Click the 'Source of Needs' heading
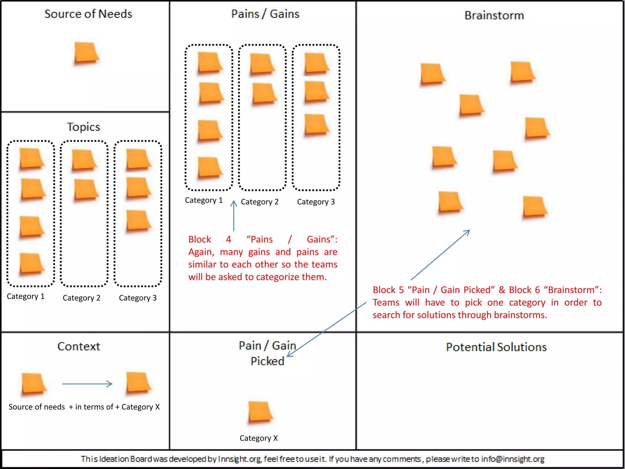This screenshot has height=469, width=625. pyautogui.click(x=88, y=14)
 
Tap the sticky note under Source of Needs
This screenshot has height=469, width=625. pyautogui.click(x=86, y=53)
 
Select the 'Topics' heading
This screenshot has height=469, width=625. pyautogui.click(x=83, y=127)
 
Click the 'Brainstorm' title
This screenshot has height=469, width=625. pyautogui.click(x=494, y=15)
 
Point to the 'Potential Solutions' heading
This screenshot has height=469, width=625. pyautogui.click(x=496, y=347)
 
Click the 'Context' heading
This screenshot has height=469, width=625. pyautogui.click(x=79, y=346)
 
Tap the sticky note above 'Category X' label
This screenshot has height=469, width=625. pyautogui.click(x=260, y=412)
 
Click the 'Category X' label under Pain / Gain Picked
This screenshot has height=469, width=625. pyautogui.click(x=258, y=438)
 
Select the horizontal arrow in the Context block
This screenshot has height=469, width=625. pyautogui.click(x=87, y=384)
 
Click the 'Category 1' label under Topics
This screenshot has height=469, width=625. pyautogui.click(x=26, y=296)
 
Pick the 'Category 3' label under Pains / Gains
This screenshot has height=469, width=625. pyautogui.click(x=316, y=202)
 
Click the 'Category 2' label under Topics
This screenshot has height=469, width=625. pyautogui.click(x=81, y=298)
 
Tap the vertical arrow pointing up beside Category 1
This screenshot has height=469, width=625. pyautogui.click(x=234, y=215)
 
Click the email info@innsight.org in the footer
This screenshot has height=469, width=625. pyautogui.click(x=513, y=459)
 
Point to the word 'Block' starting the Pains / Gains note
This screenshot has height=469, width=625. pyautogui.click(x=200, y=239)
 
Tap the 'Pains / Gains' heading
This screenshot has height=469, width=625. pyautogui.click(x=265, y=14)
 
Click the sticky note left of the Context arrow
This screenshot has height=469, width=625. pyautogui.click(x=33, y=384)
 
